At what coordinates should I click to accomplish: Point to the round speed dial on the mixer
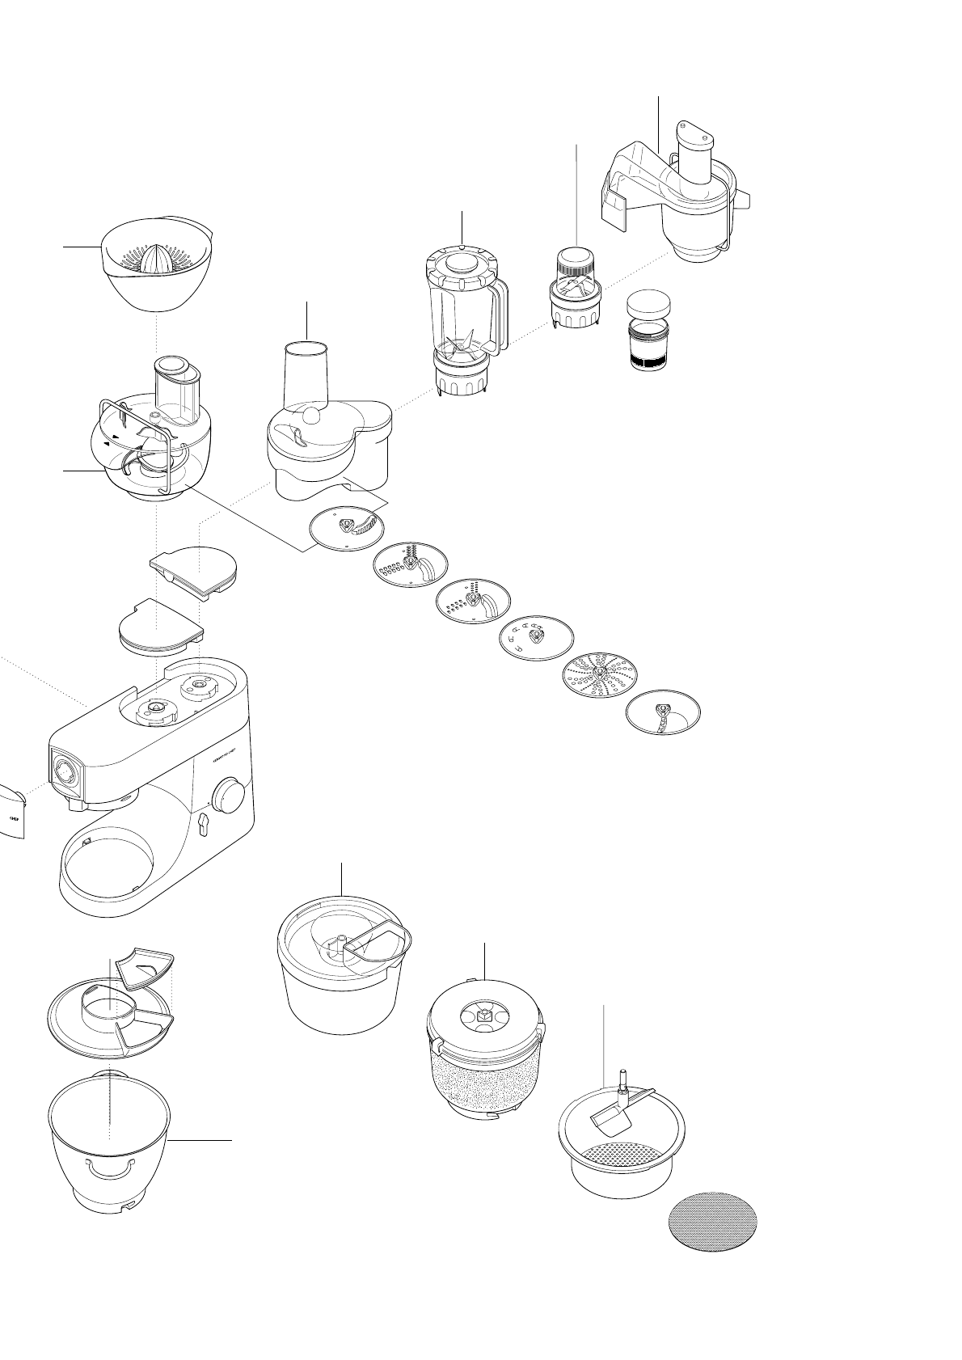(230, 796)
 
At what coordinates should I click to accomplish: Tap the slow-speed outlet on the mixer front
(63, 771)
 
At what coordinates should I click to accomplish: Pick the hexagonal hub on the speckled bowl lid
(483, 1013)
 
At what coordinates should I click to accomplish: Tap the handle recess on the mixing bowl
(108, 1168)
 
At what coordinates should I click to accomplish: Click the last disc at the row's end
(663, 712)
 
